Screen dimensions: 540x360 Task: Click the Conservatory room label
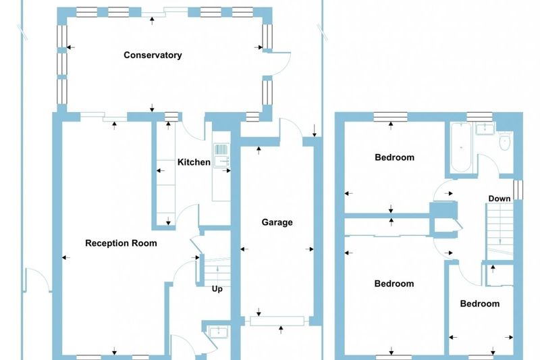point(153,55)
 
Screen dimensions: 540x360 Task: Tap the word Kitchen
point(194,162)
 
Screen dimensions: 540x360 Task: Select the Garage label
point(277,222)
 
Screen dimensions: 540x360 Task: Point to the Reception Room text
point(121,243)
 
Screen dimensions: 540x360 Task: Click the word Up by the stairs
point(217,288)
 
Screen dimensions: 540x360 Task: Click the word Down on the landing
point(500,199)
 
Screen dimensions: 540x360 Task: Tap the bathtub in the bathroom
point(461,147)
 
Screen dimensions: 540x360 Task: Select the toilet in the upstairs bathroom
point(505,141)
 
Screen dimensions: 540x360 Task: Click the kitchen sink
point(222,156)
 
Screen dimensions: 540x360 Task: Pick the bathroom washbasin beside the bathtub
point(485,128)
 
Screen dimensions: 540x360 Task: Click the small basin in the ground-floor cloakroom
point(218,332)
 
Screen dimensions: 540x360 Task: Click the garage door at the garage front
point(277,321)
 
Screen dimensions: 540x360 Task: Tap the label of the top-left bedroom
point(394,157)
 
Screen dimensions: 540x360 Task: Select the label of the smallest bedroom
point(480,303)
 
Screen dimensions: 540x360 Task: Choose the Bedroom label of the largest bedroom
point(394,284)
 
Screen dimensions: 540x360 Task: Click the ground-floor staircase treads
point(217,272)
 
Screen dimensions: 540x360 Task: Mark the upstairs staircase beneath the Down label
point(500,232)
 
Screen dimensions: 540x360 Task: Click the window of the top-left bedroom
point(391,117)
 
